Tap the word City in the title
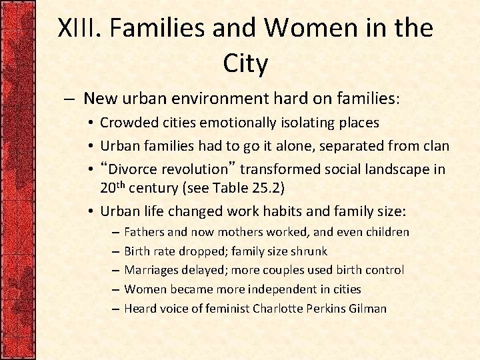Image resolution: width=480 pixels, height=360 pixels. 245,65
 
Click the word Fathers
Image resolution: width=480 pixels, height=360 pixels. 145,233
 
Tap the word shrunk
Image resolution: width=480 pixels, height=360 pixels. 309,251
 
